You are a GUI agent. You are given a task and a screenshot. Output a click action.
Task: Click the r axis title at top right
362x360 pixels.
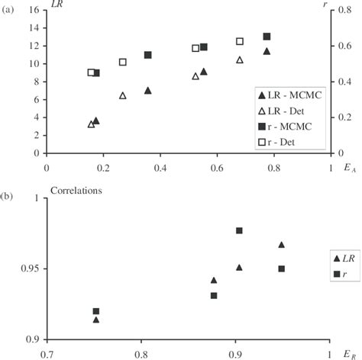click(x=337, y=11)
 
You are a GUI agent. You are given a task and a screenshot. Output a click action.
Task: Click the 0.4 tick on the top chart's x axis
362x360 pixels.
click(x=160, y=166)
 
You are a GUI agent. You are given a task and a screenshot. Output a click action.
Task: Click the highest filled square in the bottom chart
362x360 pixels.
click(x=239, y=230)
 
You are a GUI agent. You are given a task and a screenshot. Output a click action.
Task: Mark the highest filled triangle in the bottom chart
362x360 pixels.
click(x=281, y=245)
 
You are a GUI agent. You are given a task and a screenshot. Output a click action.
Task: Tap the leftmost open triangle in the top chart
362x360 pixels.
click(x=91, y=124)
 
